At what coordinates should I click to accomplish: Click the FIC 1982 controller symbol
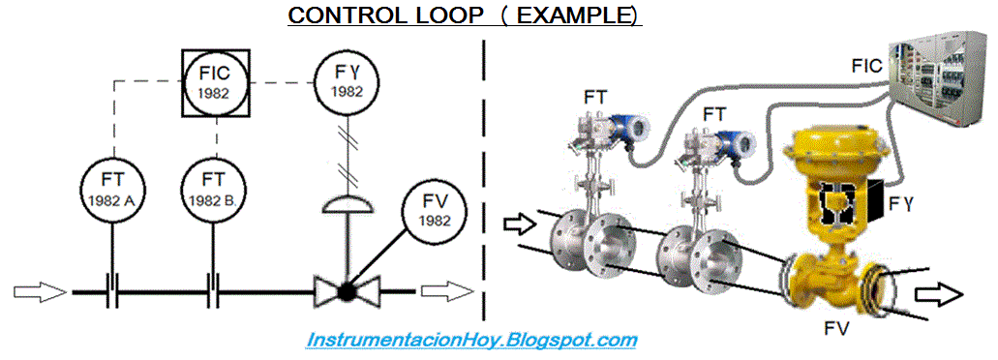pos(216,81)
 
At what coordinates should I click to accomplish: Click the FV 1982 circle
pos(434,212)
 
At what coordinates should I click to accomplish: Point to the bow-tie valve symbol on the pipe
pos(346,290)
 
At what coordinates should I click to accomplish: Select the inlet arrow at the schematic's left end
pos(40,290)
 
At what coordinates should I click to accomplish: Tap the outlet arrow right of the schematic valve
pos(446,290)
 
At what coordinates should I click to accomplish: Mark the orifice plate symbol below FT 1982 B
pos(215,290)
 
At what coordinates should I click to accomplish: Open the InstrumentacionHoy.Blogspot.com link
pos(471,340)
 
